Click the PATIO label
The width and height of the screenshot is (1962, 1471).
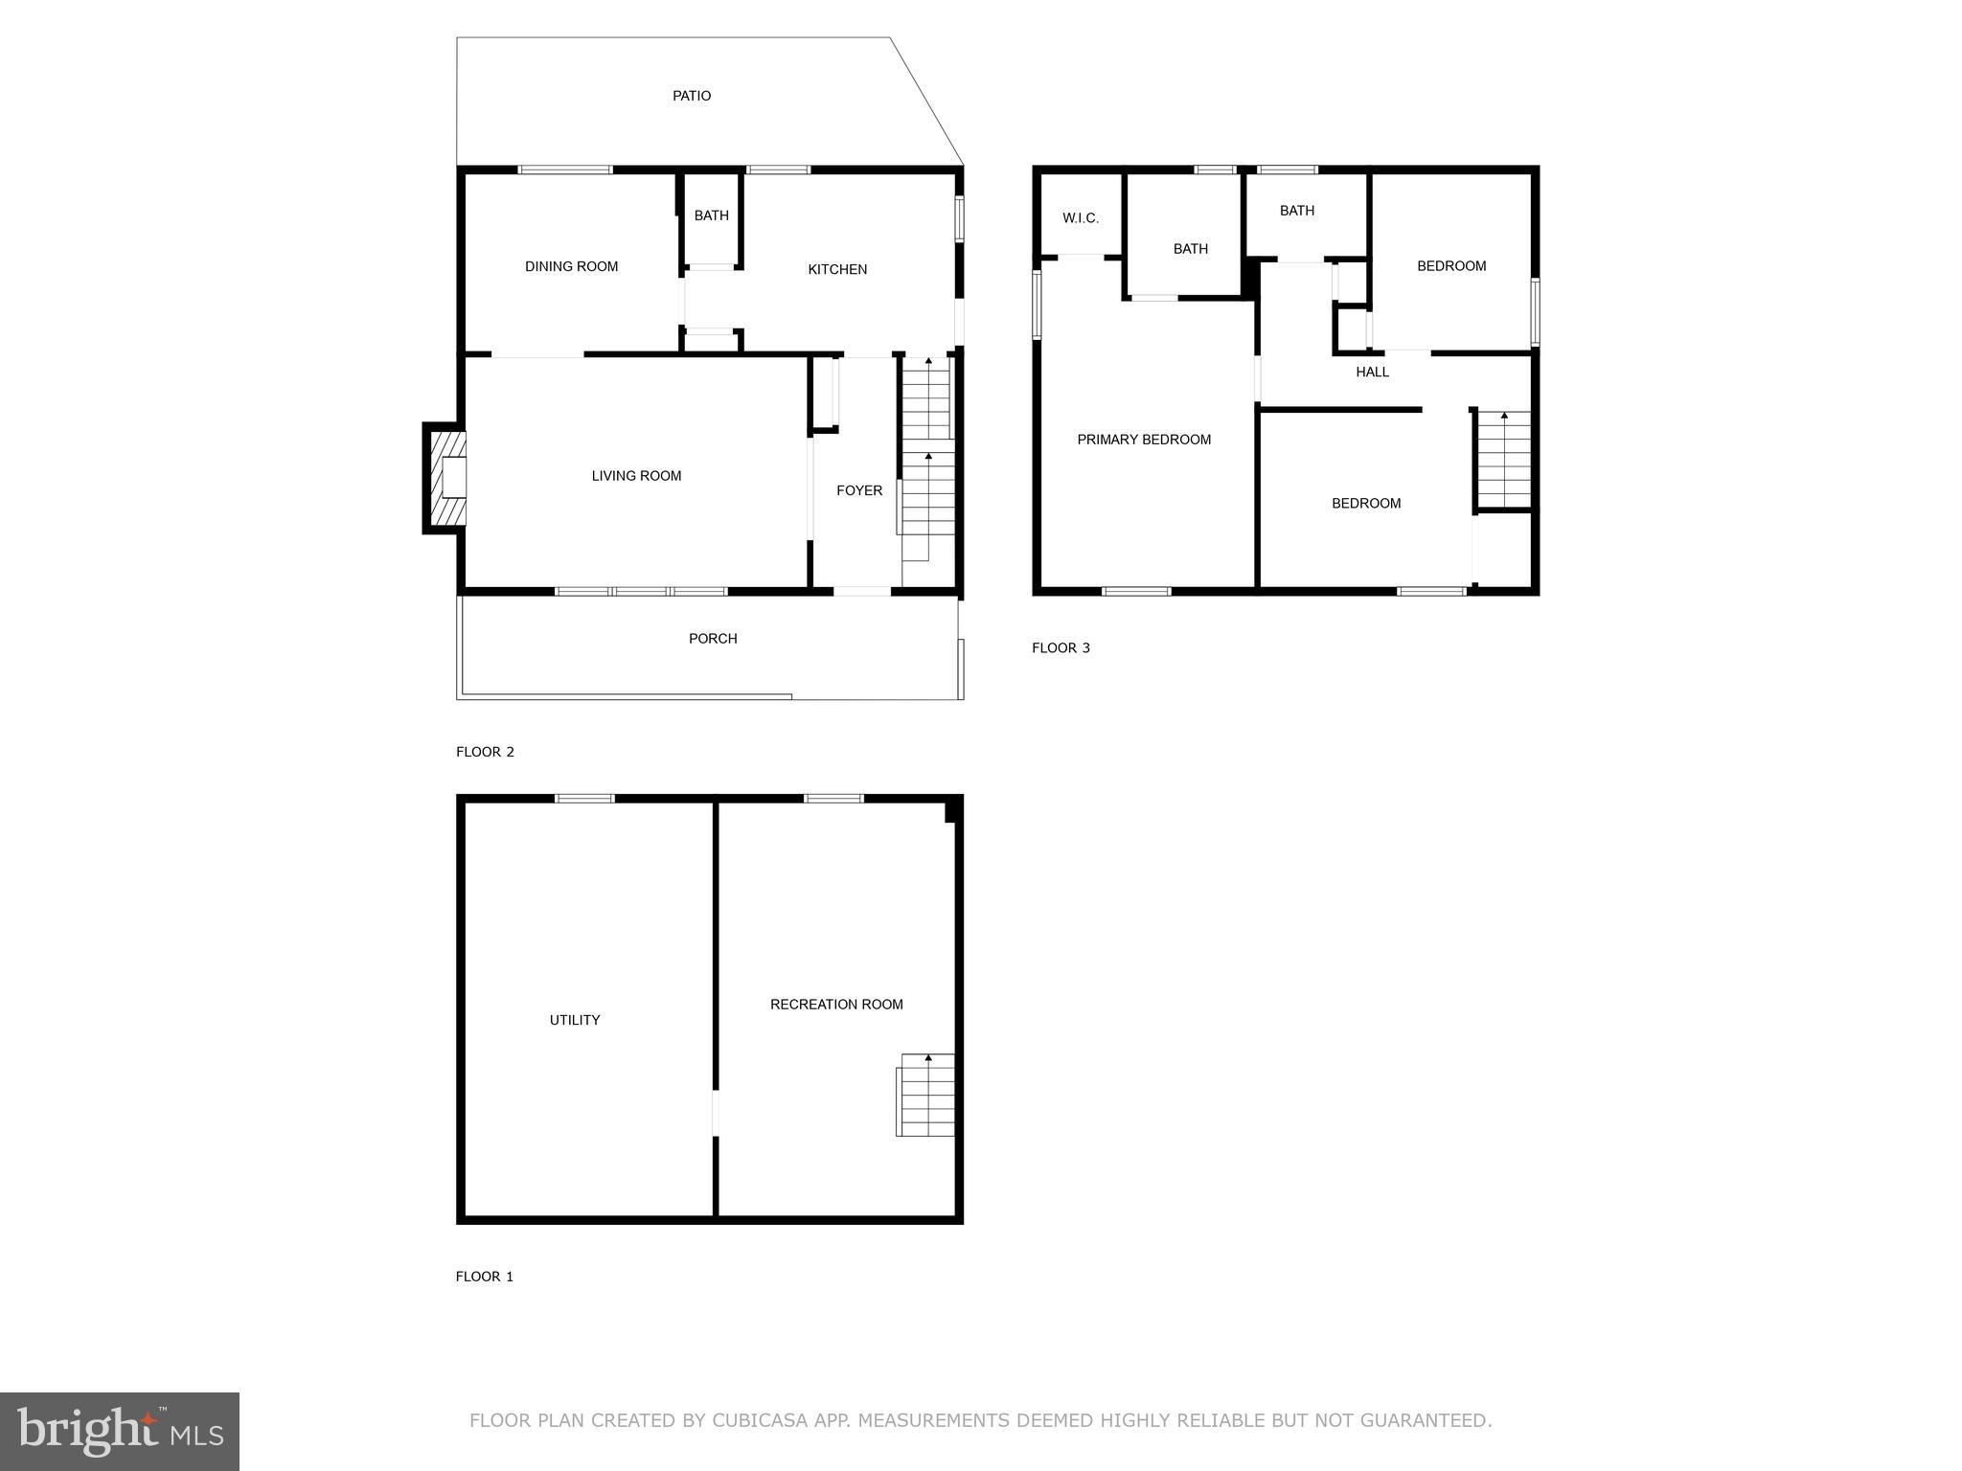pyautogui.click(x=692, y=96)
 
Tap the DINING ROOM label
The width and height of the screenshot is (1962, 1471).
pyautogui.click(x=571, y=266)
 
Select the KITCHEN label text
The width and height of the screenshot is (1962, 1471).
pyautogui.click(x=837, y=269)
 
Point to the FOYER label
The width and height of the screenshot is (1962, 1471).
pyautogui.click(x=859, y=490)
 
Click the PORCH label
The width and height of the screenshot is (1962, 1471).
pyautogui.click(x=713, y=639)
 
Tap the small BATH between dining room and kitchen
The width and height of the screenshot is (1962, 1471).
pyautogui.click(x=711, y=215)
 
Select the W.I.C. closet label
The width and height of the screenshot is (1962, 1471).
pyautogui.click(x=1081, y=218)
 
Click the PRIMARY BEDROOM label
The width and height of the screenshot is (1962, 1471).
pyautogui.click(x=1144, y=440)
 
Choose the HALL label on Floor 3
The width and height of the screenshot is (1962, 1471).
pyautogui.click(x=1372, y=372)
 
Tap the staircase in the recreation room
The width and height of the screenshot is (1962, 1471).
pyautogui.click(x=926, y=1095)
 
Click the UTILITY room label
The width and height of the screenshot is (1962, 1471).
pyautogui.click(x=575, y=1020)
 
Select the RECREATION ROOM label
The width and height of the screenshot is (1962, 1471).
pyautogui.click(x=836, y=1005)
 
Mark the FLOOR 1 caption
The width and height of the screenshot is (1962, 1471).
pyautogui.click(x=485, y=1277)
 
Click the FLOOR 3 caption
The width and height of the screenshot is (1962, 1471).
pyautogui.click(x=1061, y=648)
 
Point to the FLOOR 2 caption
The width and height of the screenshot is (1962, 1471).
pyautogui.click(x=485, y=752)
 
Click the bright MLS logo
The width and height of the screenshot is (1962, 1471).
pyautogui.click(x=120, y=1432)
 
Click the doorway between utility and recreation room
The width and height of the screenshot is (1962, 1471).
pyautogui.click(x=716, y=1113)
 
